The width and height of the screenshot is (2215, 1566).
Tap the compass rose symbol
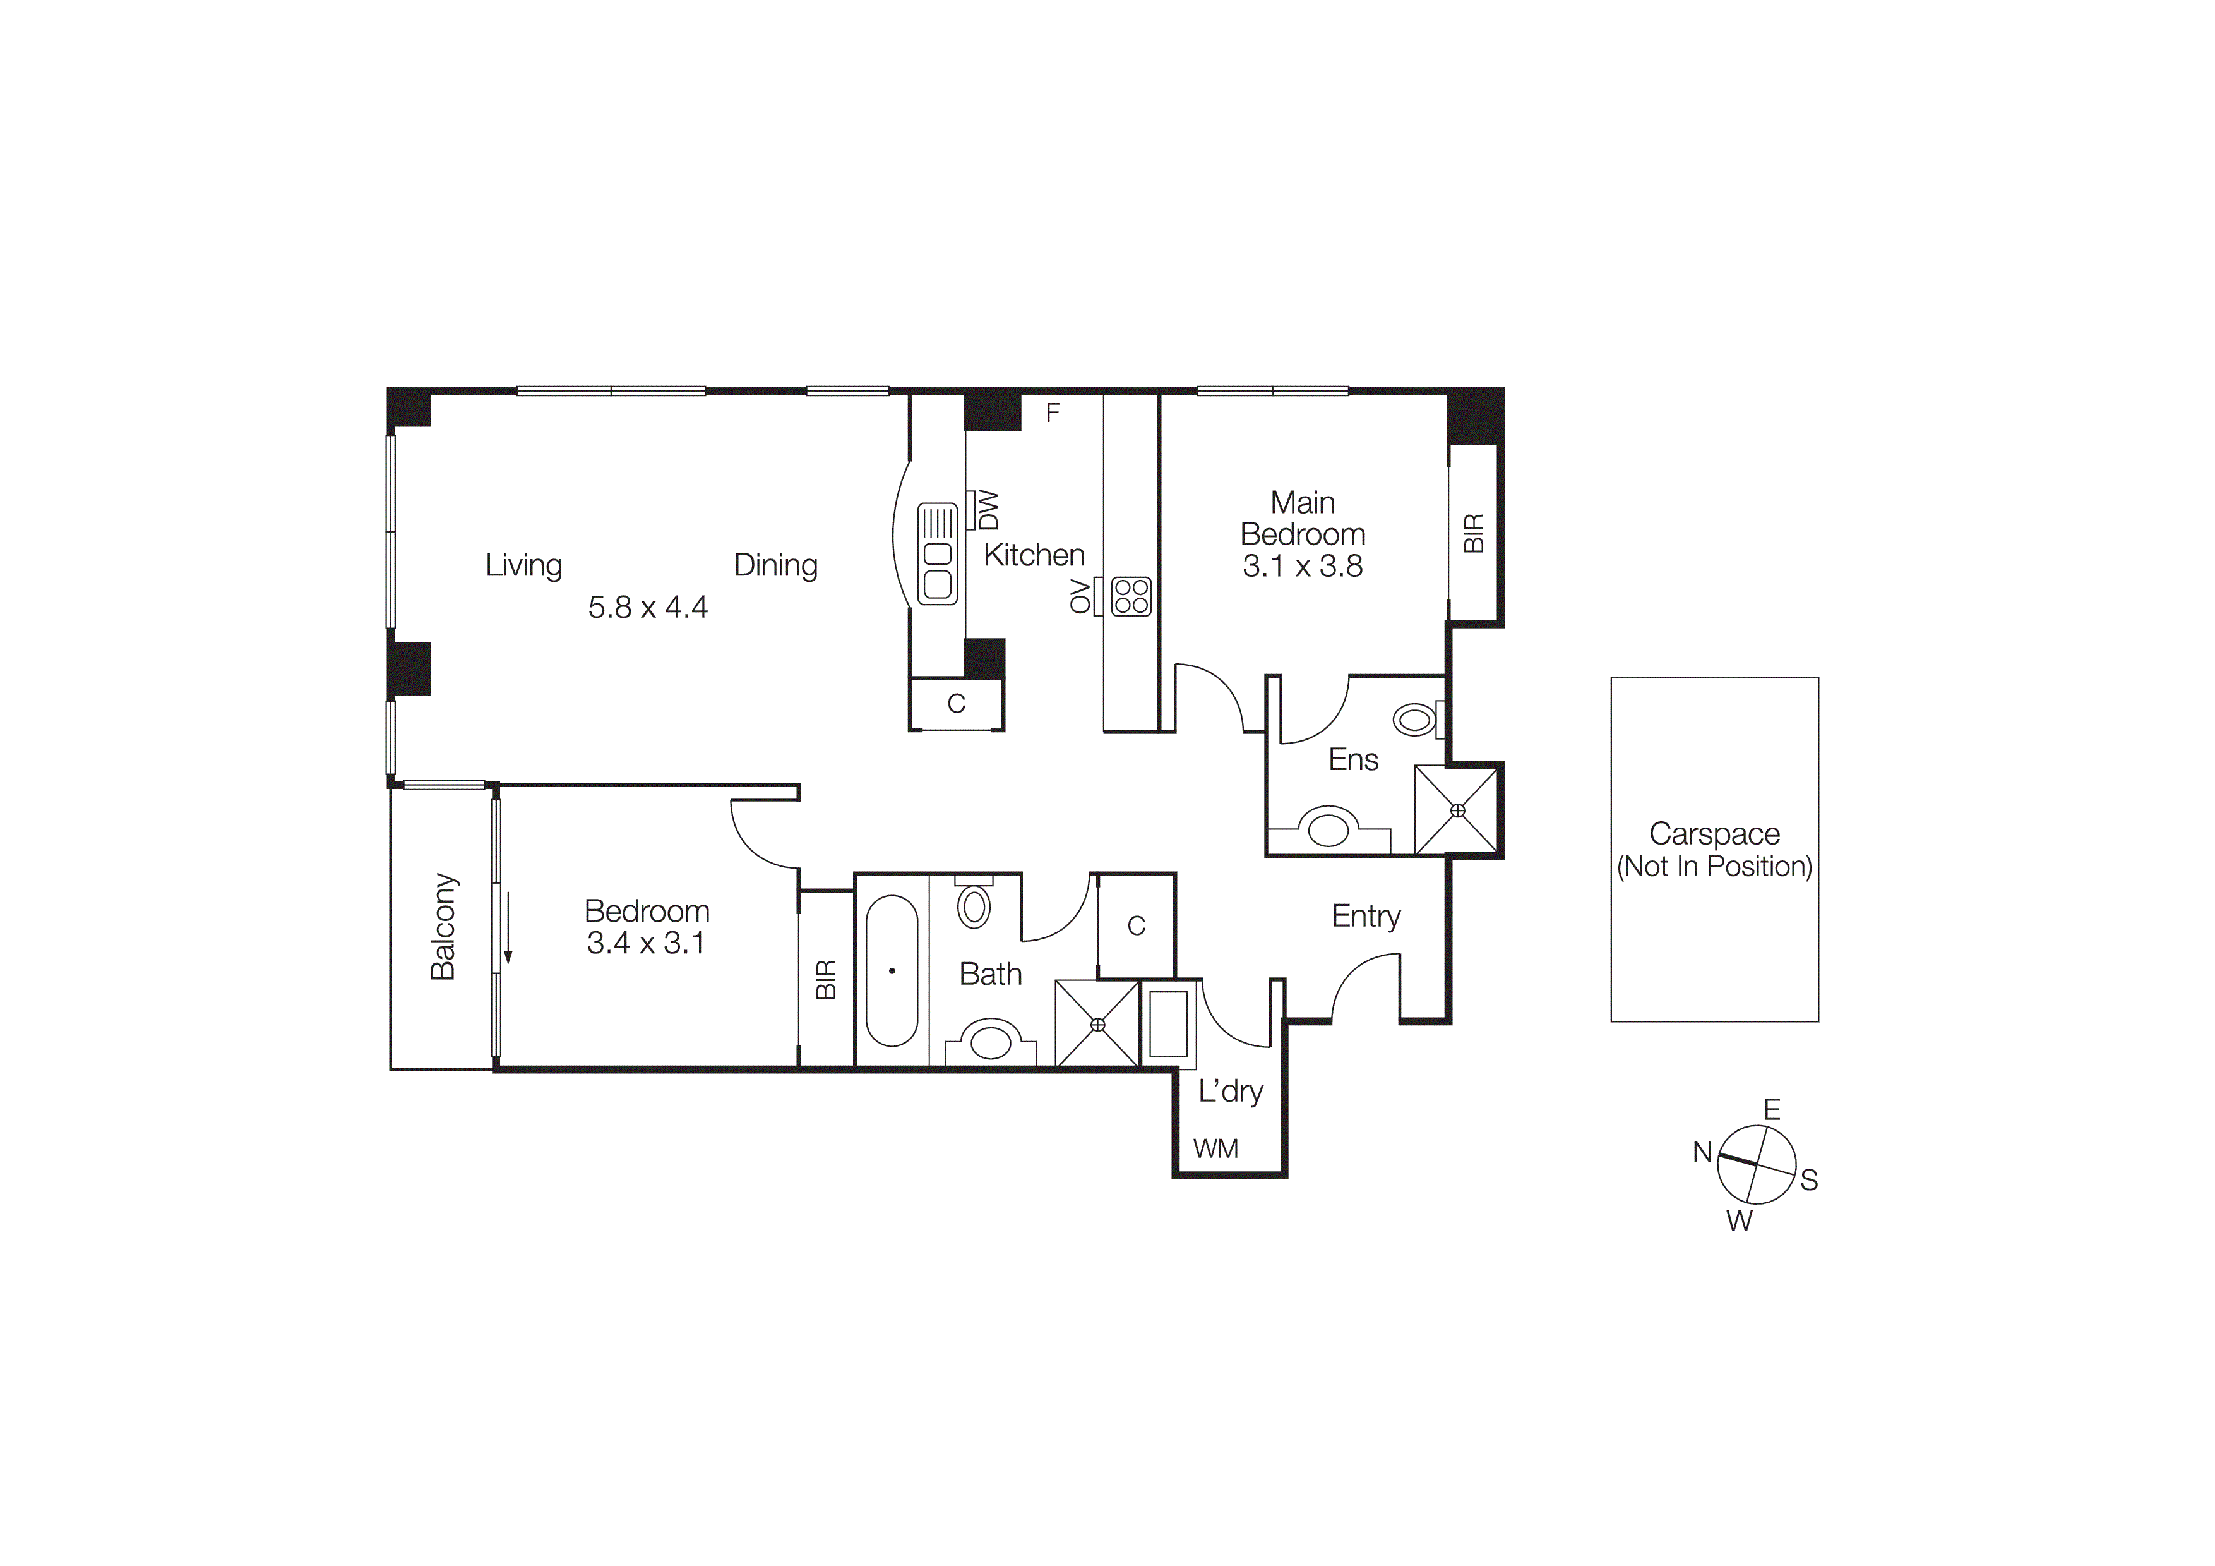pos(1757,1165)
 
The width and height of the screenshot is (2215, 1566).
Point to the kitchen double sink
pos(937,554)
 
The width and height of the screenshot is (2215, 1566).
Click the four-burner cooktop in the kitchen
pos(1131,596)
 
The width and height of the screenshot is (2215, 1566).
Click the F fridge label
pos(1053,413)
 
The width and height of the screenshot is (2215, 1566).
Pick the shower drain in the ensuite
pos(1457,810)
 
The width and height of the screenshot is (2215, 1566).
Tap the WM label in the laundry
pos(1215,1148)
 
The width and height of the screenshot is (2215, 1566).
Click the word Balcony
pos(443,926)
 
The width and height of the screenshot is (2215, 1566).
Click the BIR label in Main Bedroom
pos(1473,534)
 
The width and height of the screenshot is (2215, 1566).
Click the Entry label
pos(1365,916)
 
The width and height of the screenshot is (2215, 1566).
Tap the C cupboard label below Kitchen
pos(956,703)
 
